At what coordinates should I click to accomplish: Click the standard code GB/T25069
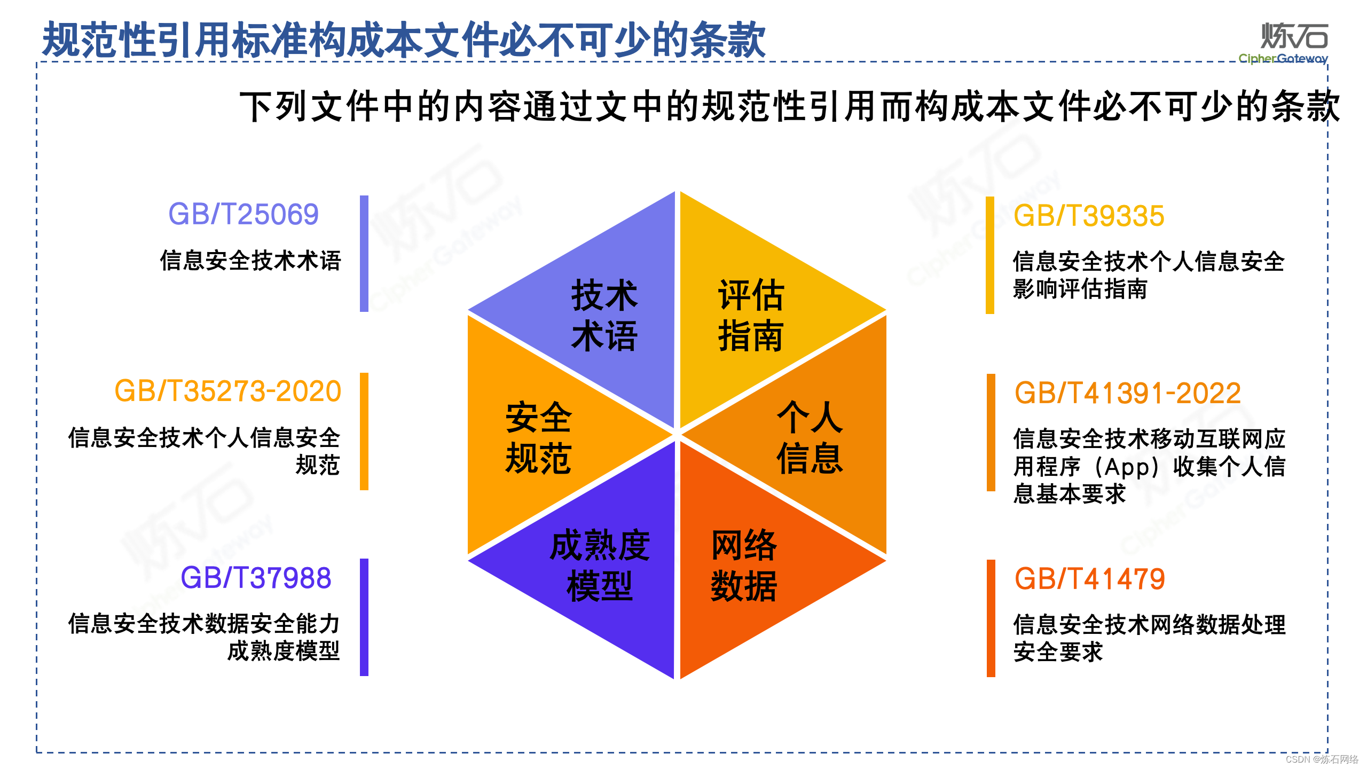tap(243, 215)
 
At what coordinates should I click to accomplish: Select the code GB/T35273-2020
tap(228, 391)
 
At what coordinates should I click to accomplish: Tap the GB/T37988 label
tap(256, 578)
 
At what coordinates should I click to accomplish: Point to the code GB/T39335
tap(1089, 216)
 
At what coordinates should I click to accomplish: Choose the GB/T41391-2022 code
tap(1127, 394)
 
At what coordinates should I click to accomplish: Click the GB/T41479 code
tap(1089, 579)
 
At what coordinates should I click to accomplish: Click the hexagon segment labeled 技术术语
tap(604, 315)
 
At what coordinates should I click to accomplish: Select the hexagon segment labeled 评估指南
tap(750, 315)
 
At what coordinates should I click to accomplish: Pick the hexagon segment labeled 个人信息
tap(810, 438)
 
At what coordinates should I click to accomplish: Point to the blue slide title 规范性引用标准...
tap(404, 40)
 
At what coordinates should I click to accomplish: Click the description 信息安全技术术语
tap(250, 261)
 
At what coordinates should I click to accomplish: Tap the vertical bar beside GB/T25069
tap(364, 254)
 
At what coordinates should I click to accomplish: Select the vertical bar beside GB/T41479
tap(991, 618)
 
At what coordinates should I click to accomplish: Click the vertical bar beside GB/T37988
tap(364, 617)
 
